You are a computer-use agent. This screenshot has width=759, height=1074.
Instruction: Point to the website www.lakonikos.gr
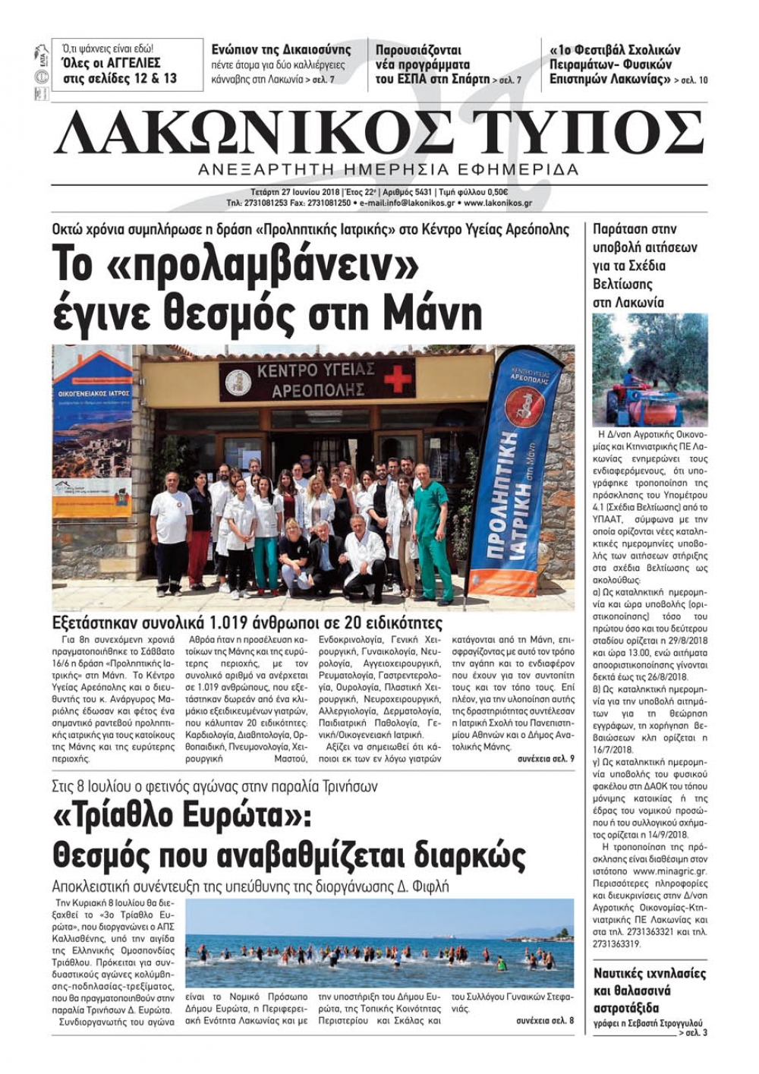498,203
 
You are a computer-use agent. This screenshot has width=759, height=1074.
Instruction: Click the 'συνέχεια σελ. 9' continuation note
546,758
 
